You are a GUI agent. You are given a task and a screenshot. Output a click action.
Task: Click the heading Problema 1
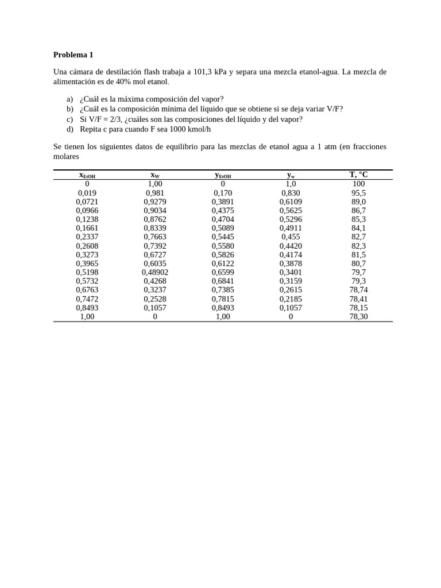(x=73, y=55)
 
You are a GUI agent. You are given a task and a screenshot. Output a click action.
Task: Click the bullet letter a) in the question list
(x=69, y=99)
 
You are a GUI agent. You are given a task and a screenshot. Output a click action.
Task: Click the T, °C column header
(x=358, y=175)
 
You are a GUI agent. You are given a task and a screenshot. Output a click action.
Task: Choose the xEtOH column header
(x=87, y=175)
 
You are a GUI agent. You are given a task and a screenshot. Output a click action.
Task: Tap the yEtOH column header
(x=223, y=175)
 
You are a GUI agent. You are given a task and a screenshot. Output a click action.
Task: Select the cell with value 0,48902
(x=155, y=272)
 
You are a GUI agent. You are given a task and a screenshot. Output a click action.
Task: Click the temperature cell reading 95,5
(x=358, y=193)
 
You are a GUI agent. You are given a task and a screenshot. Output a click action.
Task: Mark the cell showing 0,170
(x=223, y=193)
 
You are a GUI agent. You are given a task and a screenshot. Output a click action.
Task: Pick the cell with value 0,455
(x=291, y=237)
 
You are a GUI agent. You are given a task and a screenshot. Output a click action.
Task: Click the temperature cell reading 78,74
(x=358, y=290)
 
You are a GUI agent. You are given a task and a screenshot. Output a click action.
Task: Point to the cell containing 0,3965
(x=87, y=264)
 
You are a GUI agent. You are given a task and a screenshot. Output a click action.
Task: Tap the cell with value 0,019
(x=87, y=193)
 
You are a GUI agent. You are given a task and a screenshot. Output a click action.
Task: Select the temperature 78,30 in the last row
(x=358, y=316)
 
